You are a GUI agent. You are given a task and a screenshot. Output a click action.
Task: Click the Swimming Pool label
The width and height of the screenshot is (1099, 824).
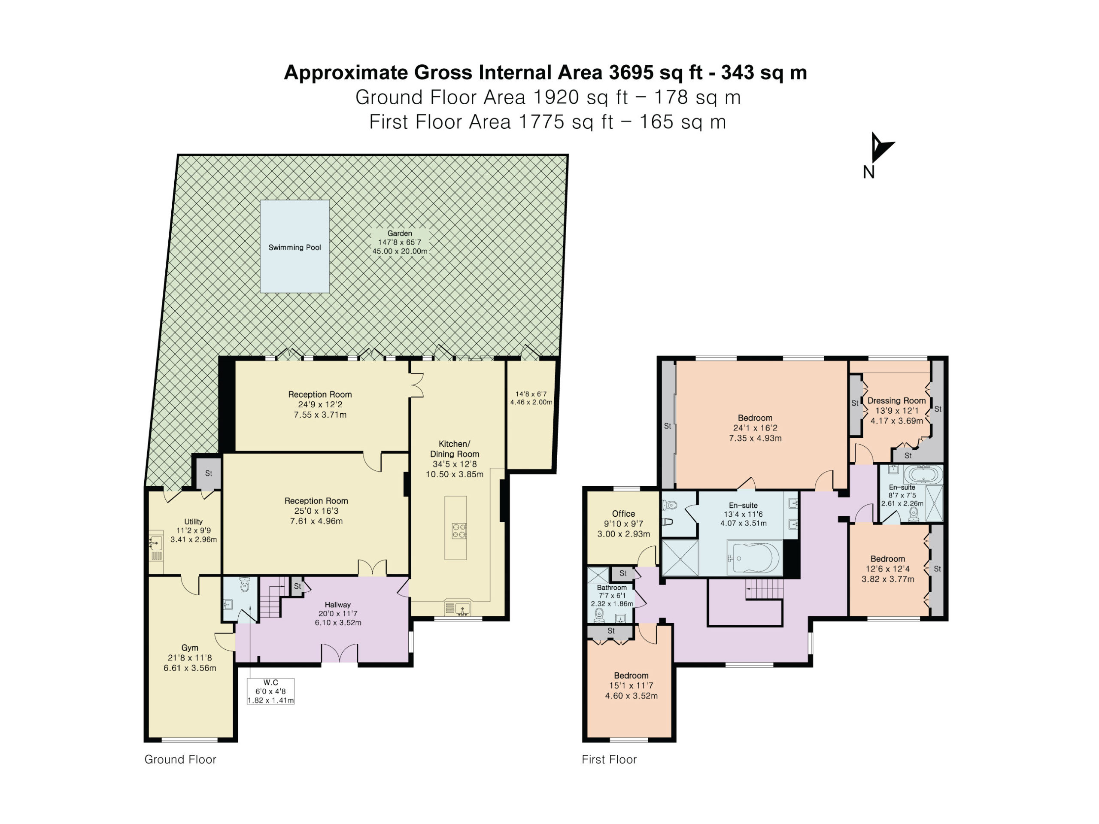294,247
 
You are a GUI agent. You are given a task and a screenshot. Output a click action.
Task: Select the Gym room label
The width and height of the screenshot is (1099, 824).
190,648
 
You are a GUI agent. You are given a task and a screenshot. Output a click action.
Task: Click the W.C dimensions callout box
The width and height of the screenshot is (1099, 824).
271,691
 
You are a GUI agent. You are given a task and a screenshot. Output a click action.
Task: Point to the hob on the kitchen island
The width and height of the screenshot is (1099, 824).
458,531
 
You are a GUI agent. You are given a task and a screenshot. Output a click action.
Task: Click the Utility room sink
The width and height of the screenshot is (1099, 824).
156,542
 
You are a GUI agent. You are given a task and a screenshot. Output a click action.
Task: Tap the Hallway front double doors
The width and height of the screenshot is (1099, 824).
339,653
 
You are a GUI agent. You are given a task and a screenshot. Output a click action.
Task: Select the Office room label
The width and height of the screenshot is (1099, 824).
623,514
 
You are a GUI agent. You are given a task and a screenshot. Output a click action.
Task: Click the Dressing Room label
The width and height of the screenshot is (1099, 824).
897,400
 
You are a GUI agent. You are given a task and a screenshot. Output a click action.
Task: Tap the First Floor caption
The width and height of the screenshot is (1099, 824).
609,760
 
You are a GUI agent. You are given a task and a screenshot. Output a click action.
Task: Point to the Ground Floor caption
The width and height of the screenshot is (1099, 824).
180,760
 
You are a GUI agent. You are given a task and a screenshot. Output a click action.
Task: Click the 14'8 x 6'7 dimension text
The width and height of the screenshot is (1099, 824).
531,394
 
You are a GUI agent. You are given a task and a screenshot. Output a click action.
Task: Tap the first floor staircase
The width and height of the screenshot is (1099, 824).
764,590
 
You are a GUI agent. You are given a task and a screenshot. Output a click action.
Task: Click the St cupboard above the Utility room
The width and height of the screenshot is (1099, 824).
209,473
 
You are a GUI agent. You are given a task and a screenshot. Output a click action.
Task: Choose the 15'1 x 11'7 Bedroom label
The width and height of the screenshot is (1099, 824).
631,685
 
